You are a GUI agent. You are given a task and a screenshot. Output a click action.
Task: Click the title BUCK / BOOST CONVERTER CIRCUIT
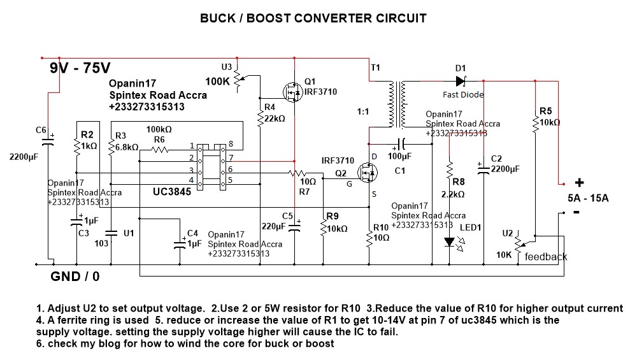pos(313,18)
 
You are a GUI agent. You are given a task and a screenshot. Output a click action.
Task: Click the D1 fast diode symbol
pos(461,81)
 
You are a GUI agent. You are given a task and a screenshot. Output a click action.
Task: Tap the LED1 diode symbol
pos(450,241)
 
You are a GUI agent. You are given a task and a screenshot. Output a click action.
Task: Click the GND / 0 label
pos(75,277)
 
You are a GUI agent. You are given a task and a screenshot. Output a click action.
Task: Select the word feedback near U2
pos(546,257)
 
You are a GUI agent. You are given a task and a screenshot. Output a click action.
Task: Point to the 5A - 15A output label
pos(588,198)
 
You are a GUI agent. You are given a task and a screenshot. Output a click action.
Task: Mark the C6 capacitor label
pos(41,130)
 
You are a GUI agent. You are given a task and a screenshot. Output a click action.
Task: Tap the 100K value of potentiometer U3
pos(218,82)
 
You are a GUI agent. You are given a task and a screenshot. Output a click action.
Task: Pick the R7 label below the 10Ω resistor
pos(304,191)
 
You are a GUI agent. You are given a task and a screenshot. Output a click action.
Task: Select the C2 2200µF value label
pos(506,169)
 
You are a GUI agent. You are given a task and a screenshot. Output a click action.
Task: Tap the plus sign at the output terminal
pos(580,182)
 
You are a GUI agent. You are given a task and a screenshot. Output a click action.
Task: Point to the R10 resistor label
pos(380,227)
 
